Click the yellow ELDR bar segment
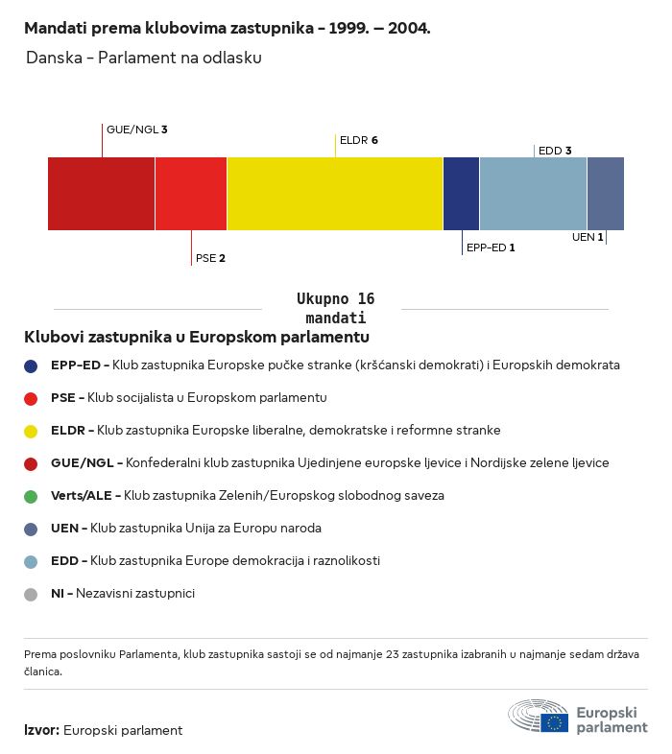[335, 194]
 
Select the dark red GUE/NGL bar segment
[101, 194]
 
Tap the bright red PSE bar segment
[191, 194]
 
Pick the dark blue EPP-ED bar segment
[461, 194]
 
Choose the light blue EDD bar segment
[533, 194]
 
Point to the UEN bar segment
[605, 194]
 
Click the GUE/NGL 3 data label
[137, 129]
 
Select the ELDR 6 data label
[358, 140]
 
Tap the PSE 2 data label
[210, 258]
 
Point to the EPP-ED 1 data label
[491, 247]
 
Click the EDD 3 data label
[555, 151]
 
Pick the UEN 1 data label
[588, 237]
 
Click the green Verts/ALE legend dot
[31, 496]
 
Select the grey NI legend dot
[31, 594]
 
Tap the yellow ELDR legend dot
[31, 431]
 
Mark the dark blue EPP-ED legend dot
[31, 365]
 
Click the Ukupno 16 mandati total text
[335, 308]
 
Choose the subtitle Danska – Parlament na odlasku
[144, 59]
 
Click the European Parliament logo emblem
[538, 717]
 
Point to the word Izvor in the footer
[41, 730]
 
